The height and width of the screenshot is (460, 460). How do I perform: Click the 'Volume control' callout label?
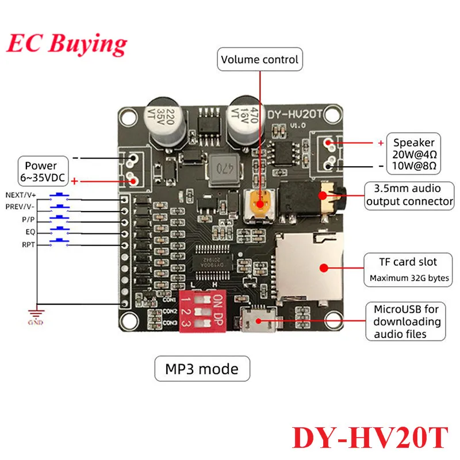pyautogui.click(x=260, y=59)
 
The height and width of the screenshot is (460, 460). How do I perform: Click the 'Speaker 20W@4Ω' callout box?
pyautogui.click(x=414, y=154)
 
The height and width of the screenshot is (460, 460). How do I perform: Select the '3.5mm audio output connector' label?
pyautogui.click(x=409, y=194)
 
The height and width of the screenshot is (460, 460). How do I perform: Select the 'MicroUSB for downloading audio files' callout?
pyautogui.click(x=406, y=322)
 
